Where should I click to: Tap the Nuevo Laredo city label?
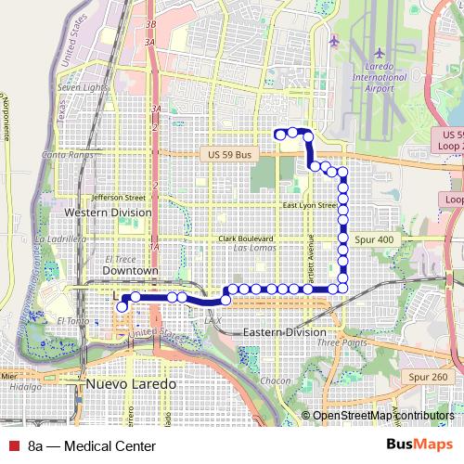click(123, 383)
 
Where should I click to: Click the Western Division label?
click(108, 213)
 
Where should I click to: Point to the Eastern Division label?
click(284, 332)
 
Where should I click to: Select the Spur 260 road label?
click(427, 377)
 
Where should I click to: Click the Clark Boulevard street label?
click(246, 238)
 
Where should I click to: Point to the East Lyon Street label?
click(309, 205)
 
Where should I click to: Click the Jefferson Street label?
click(118, 197)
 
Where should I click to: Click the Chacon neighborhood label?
click(276, 381)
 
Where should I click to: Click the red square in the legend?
click(13, 445)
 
